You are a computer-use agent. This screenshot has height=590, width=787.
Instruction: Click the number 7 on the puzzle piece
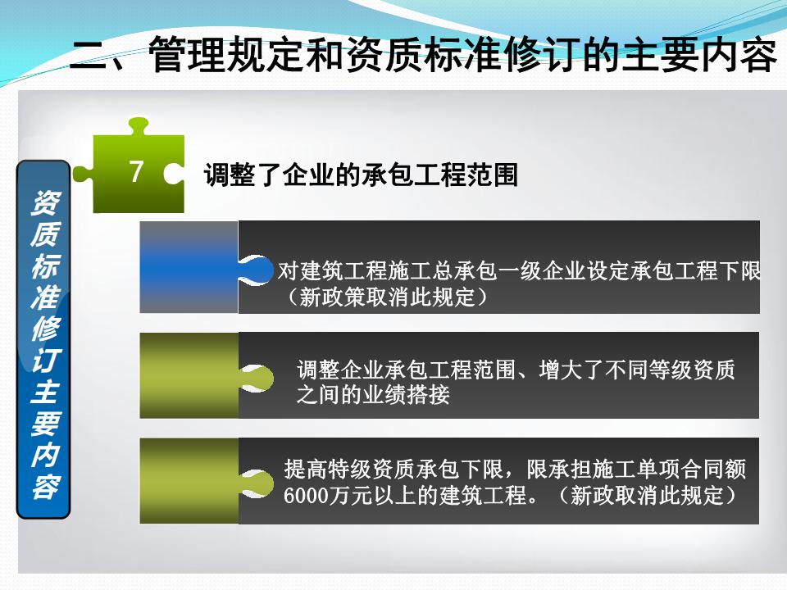coord(136,171)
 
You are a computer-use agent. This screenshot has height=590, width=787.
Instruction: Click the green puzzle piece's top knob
coord(138,125)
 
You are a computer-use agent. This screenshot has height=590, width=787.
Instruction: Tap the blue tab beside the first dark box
coord(189,267)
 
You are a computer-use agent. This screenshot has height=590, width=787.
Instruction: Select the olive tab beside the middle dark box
coord(189,375)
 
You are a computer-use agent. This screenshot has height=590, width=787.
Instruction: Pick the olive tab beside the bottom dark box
coord(189,481)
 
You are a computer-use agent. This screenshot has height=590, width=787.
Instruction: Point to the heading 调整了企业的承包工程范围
coord(361,175)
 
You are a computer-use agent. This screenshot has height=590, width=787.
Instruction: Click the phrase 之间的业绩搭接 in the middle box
coord(373,395)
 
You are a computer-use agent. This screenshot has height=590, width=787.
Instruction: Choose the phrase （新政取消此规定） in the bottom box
coord(648,496)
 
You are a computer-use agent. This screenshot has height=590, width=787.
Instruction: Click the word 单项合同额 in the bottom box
coord(691,470)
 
